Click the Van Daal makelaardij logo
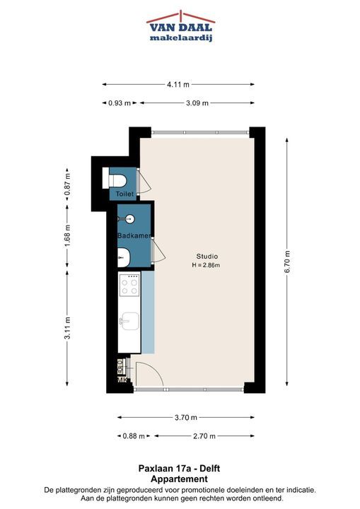point(180,27)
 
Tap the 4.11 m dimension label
point(178,84)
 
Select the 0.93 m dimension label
point(120,103)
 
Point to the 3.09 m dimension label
point(197,103)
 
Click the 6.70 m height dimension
point(287,262)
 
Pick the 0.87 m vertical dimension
point(67,184)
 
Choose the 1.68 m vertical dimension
point(67,235)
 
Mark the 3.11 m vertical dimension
point(67,328)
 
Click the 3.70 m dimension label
point(186,418)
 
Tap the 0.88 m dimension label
point(134,436)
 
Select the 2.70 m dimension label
point(204,436)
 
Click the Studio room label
point(207,257)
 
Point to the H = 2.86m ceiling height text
point(206,265)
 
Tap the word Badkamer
point(134,235)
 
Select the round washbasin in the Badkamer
point(130,218)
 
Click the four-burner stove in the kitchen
point(129,286)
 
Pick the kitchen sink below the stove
point(130,321)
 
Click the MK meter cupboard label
point(122,380)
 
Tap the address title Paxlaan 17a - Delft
point(179,469)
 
